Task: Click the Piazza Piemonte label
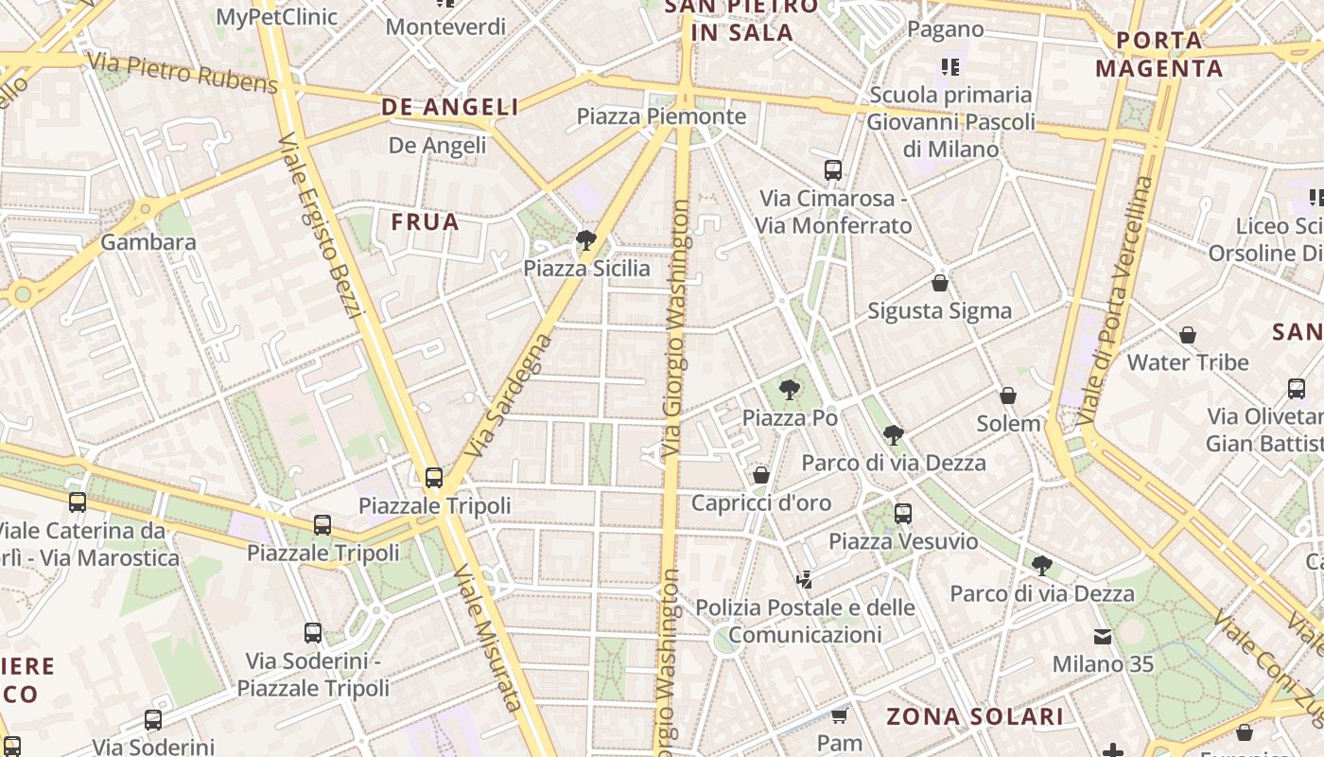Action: point(661,116)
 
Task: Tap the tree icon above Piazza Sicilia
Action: point(586,239)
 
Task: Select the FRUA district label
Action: point(426,222)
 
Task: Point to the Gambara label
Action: point(148,242)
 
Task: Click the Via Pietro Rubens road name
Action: point(183,74)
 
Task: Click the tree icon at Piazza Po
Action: point(789,389)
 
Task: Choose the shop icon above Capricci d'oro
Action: point(761,474)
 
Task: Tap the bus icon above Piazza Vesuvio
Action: point(903,513)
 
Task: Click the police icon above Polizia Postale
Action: point(805,579)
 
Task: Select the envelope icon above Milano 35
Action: point(1103,636)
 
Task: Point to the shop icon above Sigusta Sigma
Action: point(940,283)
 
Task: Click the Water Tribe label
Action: point(1188,362)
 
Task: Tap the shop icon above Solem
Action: point(1008,395)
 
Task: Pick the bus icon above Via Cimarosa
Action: point(833,170)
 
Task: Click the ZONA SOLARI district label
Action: point(975,716)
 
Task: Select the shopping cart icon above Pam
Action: point(839,715)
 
